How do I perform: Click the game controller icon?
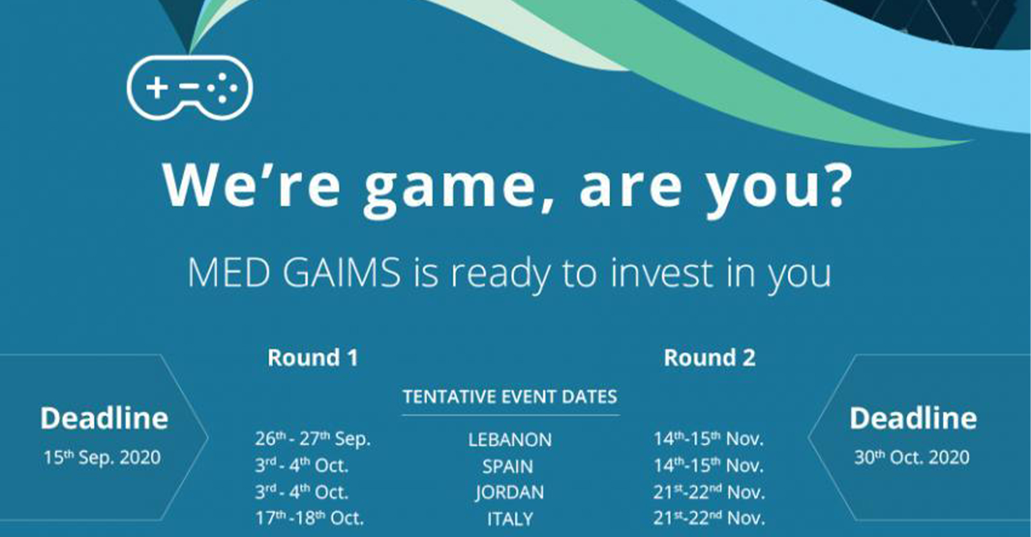190,87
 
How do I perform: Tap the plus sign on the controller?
157,87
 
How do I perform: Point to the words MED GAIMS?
295,273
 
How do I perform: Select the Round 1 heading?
313,357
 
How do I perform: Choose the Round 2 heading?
709,357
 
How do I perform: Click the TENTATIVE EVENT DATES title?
510,397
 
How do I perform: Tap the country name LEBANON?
510,440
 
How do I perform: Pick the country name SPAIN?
508,466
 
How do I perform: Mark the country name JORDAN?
510,493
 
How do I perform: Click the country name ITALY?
510,519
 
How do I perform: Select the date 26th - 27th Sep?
313,439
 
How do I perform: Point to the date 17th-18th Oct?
309,518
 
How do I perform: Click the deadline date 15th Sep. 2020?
102,458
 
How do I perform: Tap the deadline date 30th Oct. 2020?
912,458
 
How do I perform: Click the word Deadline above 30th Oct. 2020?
913,418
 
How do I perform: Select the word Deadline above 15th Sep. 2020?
104,418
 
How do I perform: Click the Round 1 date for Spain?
302,466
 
